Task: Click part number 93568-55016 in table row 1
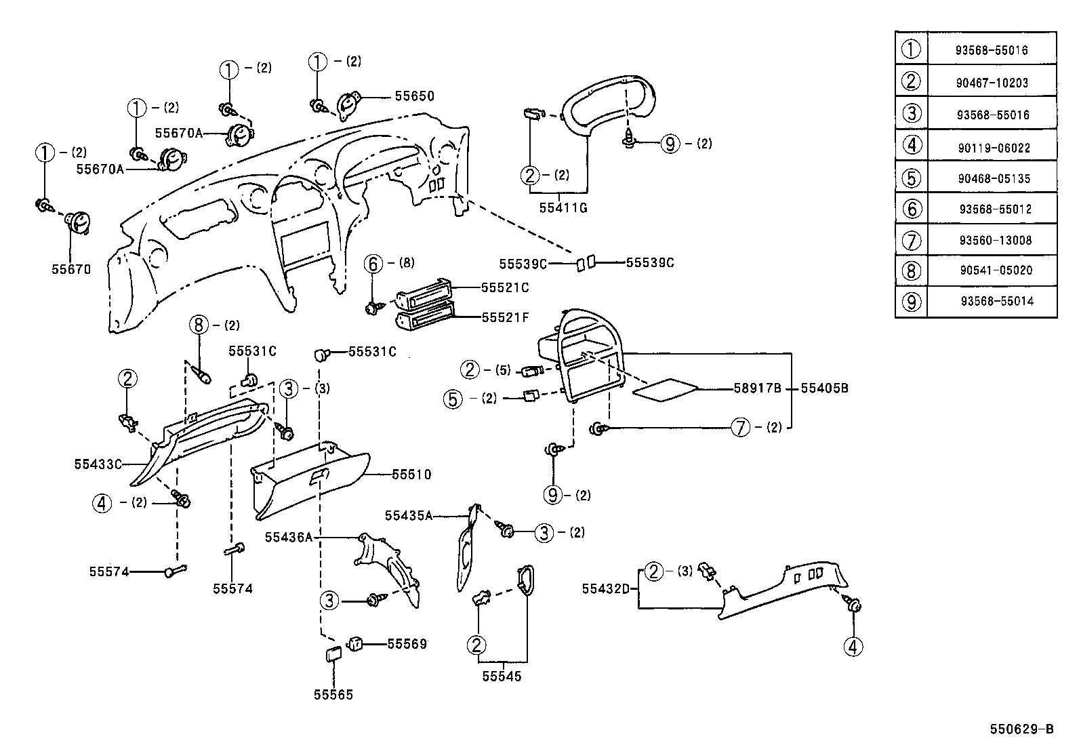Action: (992, 50)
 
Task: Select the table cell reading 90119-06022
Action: (992, 147)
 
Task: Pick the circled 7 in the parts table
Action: (912, 240)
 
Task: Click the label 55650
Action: (414, 96)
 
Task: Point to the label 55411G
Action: (563, 208)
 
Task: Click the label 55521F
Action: (505, 317)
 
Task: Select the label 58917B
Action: (757, 388)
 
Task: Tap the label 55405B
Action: (824, 388)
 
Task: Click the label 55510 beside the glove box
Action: (411, 475)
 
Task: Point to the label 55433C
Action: (98, 464)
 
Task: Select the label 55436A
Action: (288, 537)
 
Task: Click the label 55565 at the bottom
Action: (333, 695)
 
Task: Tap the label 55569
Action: (407, 643)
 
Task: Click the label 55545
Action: (502, 677)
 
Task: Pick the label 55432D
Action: (605, 588)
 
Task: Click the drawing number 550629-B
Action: (1021, 729)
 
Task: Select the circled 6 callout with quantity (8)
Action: (373, 263)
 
